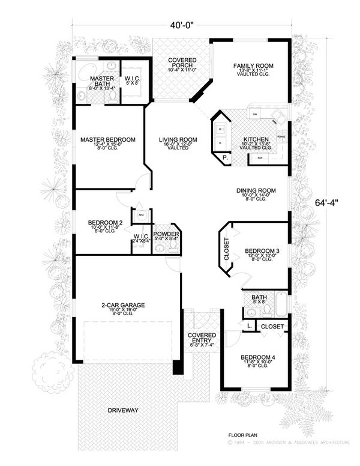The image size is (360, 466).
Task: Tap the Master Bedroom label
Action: pyautogui.click(x=108, y=140)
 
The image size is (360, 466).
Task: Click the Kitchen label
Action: pyautogui.click(x=255, y=139)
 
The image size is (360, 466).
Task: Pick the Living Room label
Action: pyautogui.click(x=174, y=140)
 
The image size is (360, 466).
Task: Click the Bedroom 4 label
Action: pyautogui.click(x=257, y=357)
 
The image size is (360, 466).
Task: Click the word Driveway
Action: pyautogui.click(x=123, y=410)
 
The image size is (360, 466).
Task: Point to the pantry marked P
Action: pyautogui.click(x=224, y=159)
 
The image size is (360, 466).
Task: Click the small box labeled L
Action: pyautogui.click(x=248, y=325)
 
